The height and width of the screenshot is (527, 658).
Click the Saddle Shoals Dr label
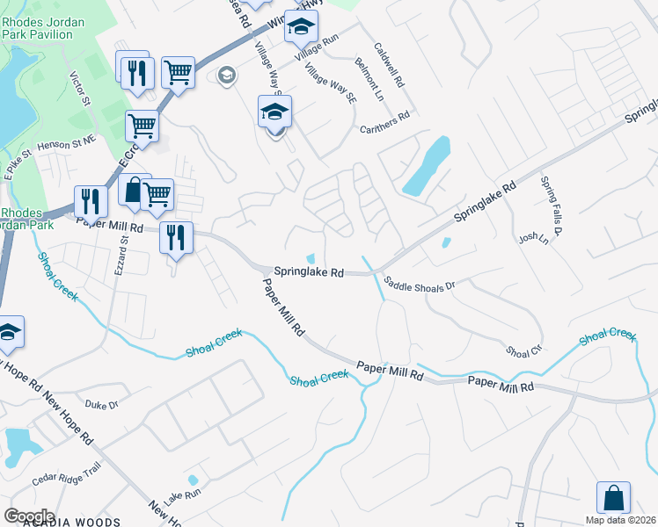(421, 285)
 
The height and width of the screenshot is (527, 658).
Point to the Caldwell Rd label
(388, 67)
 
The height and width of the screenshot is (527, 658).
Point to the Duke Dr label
(101, 404)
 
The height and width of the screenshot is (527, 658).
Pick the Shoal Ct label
(523, 350)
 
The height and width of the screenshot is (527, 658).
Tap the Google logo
(29, 516)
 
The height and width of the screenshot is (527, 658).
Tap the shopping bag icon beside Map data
(613, 497)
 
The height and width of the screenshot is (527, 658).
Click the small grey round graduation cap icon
(227, 76)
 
